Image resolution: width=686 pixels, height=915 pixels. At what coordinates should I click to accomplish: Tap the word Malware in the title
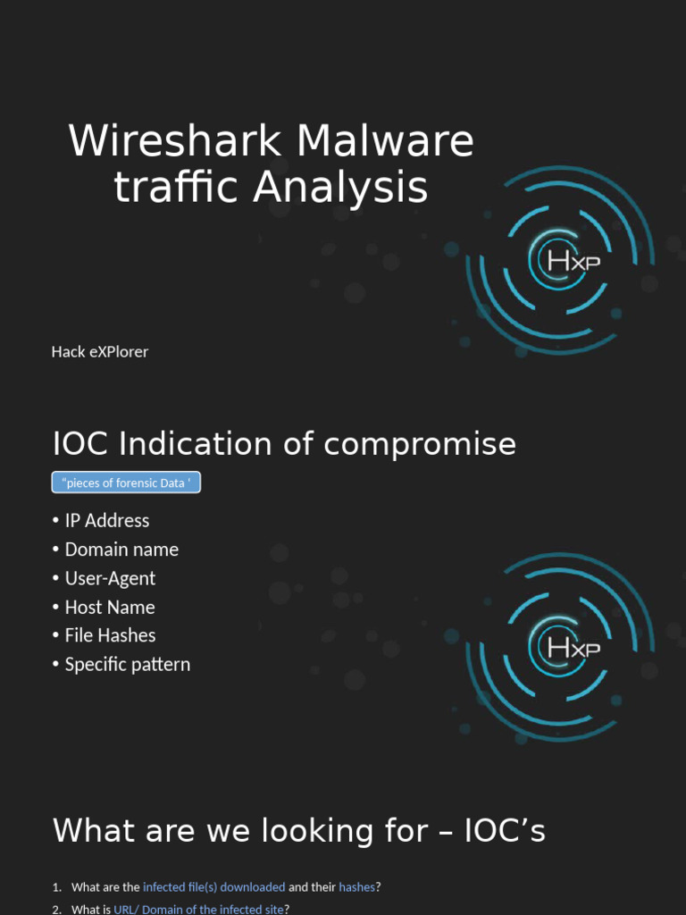click(385, 140)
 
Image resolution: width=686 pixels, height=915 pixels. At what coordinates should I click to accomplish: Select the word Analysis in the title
click(340, 188)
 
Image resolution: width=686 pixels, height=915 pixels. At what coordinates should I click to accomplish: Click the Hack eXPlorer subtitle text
click(100, 352)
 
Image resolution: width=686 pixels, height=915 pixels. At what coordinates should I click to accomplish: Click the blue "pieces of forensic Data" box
click(126, 483)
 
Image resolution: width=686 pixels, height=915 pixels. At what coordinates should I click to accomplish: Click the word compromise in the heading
click(420, 445)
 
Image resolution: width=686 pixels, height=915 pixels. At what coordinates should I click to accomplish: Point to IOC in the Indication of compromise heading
click(79, 443)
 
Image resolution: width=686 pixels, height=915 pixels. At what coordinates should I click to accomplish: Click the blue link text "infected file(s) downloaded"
click(214, 887)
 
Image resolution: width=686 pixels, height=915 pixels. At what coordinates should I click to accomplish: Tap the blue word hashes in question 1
click(357, 887)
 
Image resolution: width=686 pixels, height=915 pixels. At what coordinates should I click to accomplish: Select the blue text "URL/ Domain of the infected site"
click(199, 909)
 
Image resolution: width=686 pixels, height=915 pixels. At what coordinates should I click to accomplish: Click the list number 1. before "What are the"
click(57, 887)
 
